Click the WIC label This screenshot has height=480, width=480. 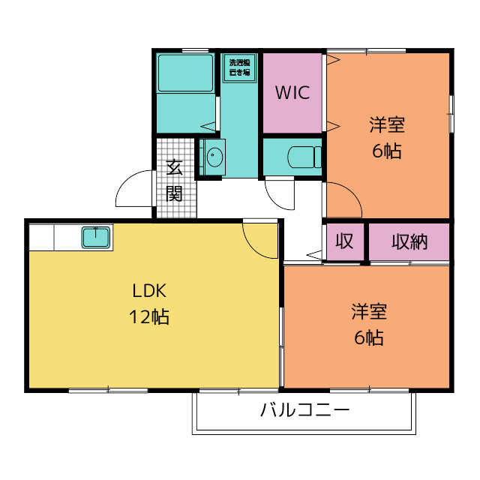pos(292,94)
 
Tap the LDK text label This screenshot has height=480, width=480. pos(149,292)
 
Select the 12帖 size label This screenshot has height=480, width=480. pos(149,316)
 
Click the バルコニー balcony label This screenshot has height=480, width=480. pos(304,411)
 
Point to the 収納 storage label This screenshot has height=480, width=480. pos(409,241)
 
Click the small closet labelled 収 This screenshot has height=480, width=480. pos(344,241)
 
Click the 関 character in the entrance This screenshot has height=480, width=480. pos(174,193)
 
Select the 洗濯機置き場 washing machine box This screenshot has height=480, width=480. pos(240,68)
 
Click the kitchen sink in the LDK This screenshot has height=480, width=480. pos(97,238)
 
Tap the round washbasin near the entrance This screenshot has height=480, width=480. pos(214,157)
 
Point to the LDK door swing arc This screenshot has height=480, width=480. pos(261,238)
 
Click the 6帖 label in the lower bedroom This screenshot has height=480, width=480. pos(368,337)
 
